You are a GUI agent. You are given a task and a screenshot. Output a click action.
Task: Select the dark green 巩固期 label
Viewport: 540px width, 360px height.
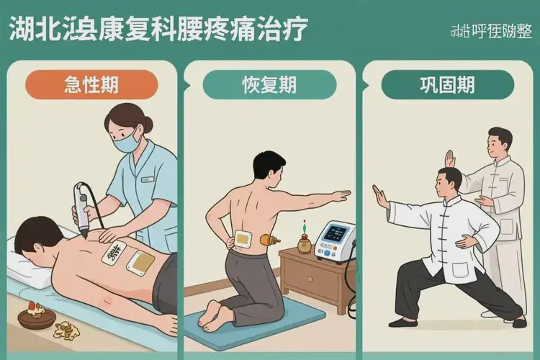pyautogui.click(x=447, y=84)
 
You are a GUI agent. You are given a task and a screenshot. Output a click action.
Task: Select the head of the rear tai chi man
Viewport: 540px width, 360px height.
pyautogui.click(x=500, y=140)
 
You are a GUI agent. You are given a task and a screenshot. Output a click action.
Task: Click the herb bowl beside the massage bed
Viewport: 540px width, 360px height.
pyautogui.click(x=34, y=315)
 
